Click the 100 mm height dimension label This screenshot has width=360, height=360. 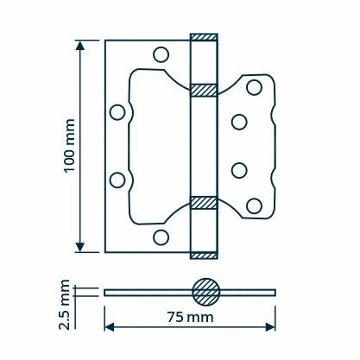pos(69,146)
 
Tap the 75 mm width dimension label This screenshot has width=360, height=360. pos(191,317)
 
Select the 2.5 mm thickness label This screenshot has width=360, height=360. pos(64,305)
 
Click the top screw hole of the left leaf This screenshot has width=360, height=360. pos(161,54)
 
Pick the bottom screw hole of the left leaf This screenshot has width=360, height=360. pos(161,237)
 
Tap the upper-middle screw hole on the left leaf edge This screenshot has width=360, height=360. pos(117,112)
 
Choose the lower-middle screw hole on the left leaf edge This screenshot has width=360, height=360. pos(117,180)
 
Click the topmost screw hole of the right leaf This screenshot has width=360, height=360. pos(254,87)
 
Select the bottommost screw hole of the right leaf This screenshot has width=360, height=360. pos(254,206)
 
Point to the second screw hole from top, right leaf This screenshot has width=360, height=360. pos(239,122)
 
